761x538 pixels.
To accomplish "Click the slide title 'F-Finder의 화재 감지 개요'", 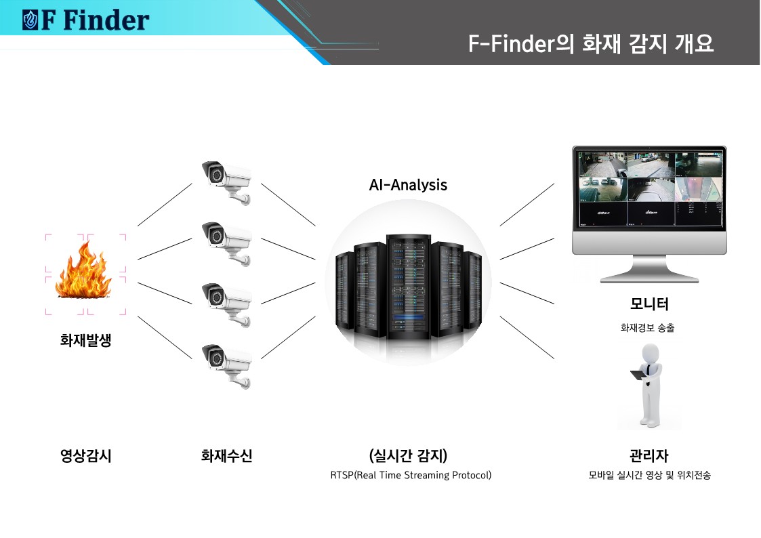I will pyautogui.click(x=590, y=44).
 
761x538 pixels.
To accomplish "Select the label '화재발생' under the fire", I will pyautogui.click(x=85, y=340).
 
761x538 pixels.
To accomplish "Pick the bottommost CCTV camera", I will pyautogui.click(x=228, y=364).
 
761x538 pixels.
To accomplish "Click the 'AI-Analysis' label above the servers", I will pyautogui.click(x=408, y=184).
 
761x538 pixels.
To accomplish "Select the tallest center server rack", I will pyautogui.click(x=408, y=288).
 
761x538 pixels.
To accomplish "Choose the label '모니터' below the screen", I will pyautogui.click(x=649, y=304).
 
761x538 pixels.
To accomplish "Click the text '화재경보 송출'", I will pyautogui.click(x=648, y=328).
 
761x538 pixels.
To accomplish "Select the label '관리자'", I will pyautogui.click(x=649, y=455).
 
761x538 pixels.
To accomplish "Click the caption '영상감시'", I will pyautogui.click(x=85, y=456).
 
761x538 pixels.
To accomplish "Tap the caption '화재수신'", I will pyautogui.click(x=226, y=456).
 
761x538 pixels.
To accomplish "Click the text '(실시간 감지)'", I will pyautogui.click(x=408, y=455).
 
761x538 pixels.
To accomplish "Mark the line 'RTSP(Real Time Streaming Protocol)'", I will pyautogui.click(x=411, y=475).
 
